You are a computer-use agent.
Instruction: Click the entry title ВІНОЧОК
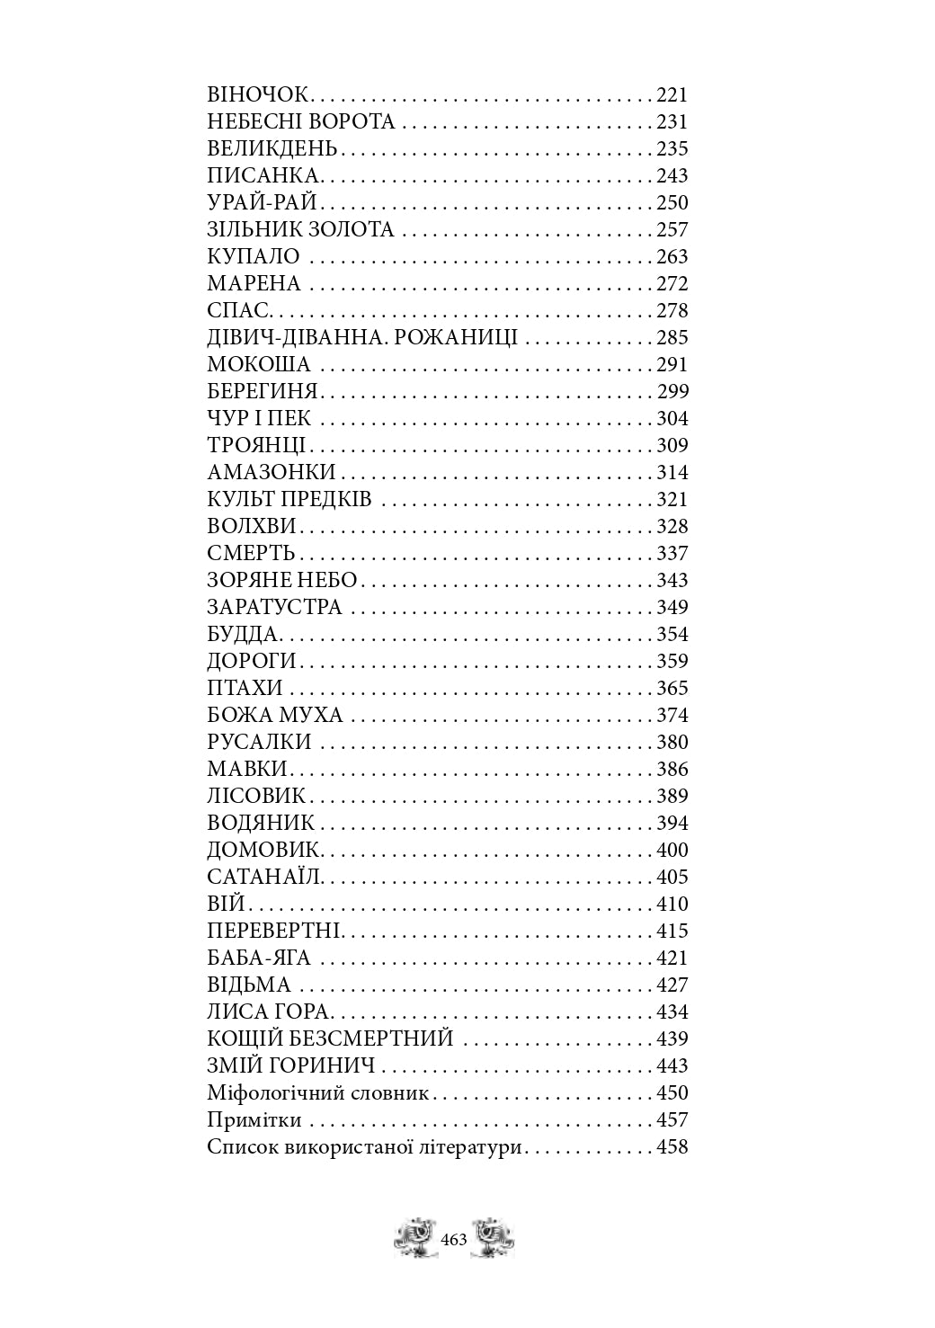click(258, 95)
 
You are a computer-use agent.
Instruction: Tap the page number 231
click(672, 122)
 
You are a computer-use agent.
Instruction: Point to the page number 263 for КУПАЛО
click(672, 257)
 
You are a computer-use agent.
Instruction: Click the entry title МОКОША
click(259, 365)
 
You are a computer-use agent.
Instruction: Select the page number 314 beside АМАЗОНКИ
click(672, 473)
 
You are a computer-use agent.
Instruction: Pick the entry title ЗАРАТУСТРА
click(274, 608)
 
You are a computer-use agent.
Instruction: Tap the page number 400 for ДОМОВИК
click(672, 851)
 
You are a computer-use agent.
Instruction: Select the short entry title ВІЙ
click(226, 905)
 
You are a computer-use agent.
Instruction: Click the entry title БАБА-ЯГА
click(259, 958)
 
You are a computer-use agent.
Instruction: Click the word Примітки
click(254, 1121)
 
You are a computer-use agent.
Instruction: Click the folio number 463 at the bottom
click(454, 1241)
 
